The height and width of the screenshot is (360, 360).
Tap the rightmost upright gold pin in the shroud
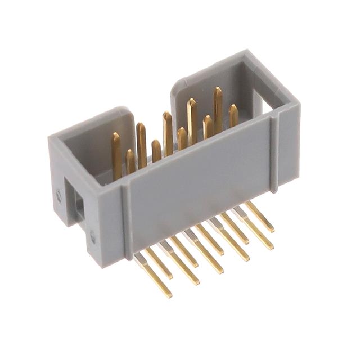(233, 115)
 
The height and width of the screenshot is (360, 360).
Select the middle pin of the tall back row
(168, 132)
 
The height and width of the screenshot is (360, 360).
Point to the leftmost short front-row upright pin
(130, 161)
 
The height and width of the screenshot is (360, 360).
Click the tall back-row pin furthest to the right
(218, 110)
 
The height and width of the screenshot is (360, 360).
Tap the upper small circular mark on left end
(59, 196)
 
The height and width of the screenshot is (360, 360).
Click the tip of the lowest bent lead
(167, 294)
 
